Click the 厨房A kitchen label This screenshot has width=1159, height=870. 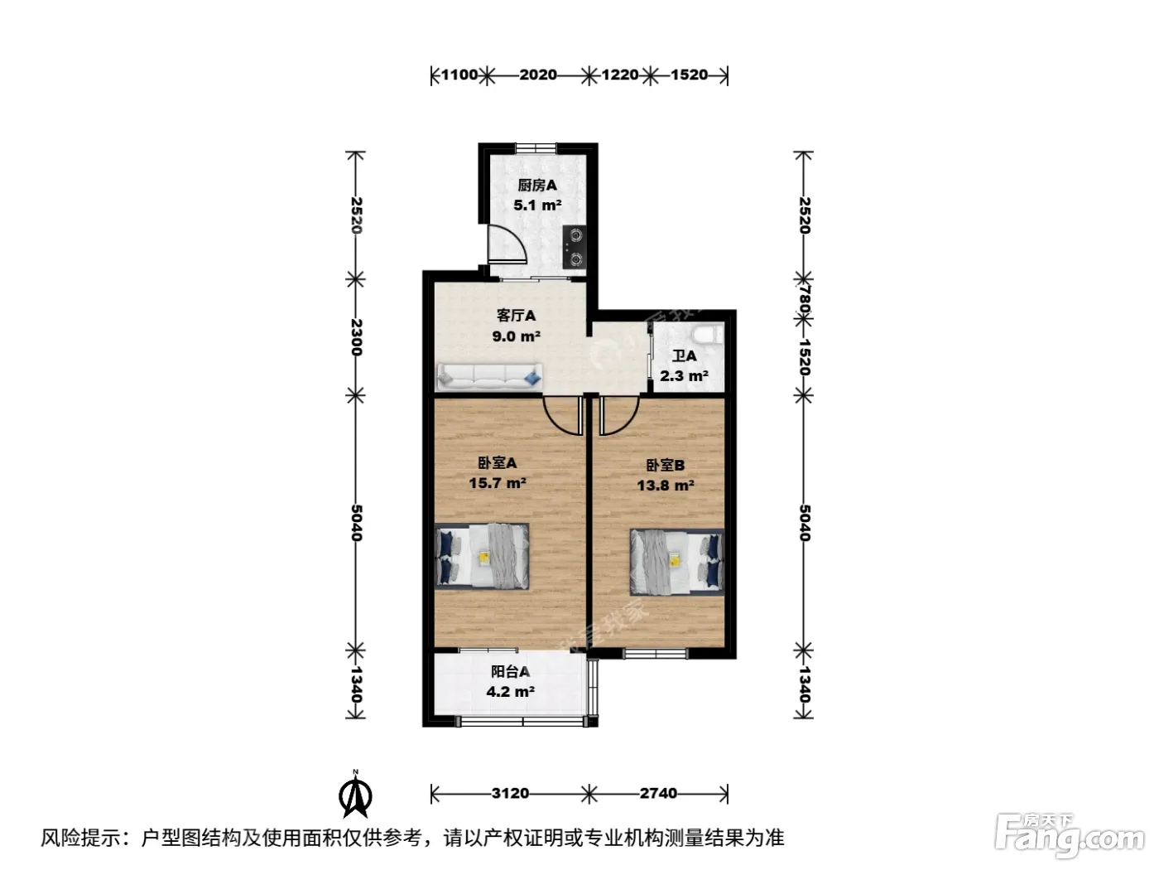pos(536,185)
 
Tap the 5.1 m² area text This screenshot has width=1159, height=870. pos(537,205)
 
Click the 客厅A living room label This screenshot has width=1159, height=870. pos(516,316)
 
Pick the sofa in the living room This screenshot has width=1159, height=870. pos(489,377)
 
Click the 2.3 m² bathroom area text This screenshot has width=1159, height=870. pos(684,376)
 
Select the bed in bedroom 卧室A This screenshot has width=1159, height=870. pos(482,556)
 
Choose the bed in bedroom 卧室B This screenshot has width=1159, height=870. pos(677,563)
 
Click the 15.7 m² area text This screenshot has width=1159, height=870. pos(498,483)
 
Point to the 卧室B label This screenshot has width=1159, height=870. pos(666,466)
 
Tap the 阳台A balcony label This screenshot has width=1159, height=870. pos(510,671)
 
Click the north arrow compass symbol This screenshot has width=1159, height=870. pos(355,794)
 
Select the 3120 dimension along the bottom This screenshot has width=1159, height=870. pos(510,794)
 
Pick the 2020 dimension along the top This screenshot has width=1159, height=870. pos(538,75)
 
